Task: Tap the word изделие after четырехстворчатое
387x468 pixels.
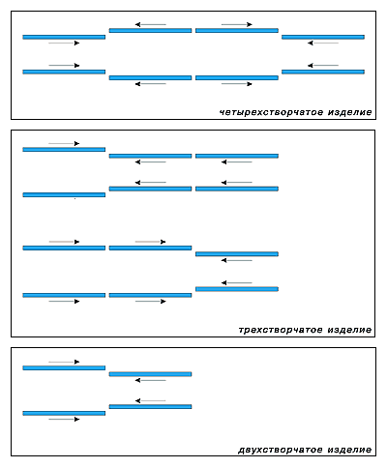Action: (x=350, y=112)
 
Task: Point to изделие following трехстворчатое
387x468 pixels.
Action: (x=350, y=331)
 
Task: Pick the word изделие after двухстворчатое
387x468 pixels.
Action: (x=350, y=450)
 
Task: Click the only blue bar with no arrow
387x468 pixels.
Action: (x=64, y=195)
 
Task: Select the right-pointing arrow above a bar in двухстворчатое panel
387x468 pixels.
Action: (x=64, y=362)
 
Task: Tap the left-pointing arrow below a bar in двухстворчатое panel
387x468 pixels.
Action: (x=150, y=380)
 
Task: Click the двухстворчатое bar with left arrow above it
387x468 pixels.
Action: (x=150, y=407)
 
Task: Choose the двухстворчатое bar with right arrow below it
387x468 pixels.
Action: (x=64, y=413)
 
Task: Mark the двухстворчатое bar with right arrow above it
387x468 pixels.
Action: (x=64, y=367)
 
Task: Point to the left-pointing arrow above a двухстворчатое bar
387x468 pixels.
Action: (x=150, y=401)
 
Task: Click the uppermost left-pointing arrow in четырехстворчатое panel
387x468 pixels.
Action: (x=150, y=24)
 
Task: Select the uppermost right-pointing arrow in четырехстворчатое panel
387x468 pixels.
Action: (x=237, y=24)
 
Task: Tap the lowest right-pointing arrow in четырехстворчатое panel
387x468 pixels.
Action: (x=237, y=84)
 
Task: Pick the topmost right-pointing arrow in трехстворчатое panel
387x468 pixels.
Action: (x=64, y=143)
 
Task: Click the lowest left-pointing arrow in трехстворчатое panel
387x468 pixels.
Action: (x=237, y=283)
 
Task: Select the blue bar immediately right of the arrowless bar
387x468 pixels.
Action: (x=150, y=189)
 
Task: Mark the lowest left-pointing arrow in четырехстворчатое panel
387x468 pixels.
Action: (x=150, y=84)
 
